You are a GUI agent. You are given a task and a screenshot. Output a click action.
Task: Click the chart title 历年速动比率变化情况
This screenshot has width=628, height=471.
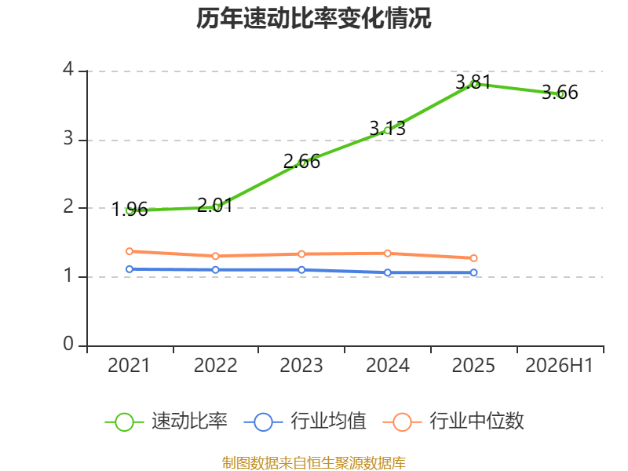tap(313, 18)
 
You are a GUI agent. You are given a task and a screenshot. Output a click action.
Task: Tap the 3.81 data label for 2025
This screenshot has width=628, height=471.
tap(473, 82)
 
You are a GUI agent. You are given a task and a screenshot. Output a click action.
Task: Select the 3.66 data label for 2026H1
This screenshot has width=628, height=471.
tap(560, 92)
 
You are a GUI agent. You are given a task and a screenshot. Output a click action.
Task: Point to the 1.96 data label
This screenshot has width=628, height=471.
tap(130, 210)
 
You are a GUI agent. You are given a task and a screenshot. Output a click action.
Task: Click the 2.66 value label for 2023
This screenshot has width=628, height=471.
tap(301, 162)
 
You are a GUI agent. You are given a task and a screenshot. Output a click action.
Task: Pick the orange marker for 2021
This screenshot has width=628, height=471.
tap(130, 251)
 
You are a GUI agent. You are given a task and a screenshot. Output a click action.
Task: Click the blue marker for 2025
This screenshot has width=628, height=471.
tap(473, 272)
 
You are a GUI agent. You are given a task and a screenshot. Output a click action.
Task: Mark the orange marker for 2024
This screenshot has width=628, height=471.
tap(388, 253)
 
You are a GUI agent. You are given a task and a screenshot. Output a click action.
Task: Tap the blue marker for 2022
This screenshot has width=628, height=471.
tap(215, 270)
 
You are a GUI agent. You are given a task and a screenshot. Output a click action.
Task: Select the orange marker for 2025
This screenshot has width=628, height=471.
tap(473, 258)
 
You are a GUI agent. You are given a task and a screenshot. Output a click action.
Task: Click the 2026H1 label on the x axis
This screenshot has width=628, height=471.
tap(559, 366)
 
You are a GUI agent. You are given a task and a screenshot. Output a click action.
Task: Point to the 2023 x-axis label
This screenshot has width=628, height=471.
tap(301, 366)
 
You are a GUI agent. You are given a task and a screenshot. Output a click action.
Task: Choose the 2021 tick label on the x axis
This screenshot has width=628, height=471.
tap(129, 366)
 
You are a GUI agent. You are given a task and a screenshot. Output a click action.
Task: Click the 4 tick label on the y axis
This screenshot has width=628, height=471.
tap(68, 69)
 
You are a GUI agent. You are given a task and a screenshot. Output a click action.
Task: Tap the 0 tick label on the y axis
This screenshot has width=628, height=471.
tap(68, 344)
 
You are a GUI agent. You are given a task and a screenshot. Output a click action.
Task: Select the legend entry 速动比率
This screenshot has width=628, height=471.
tap(166, 422)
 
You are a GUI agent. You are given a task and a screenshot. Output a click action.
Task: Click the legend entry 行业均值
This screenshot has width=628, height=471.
tap(305, 422)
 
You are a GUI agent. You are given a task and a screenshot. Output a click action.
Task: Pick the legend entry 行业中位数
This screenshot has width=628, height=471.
tap(454, 422)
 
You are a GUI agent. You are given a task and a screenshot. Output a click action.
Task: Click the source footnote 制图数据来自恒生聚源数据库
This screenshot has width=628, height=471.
tap(314, 463)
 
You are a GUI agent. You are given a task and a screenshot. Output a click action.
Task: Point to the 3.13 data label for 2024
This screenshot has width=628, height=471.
tap(387, 128)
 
